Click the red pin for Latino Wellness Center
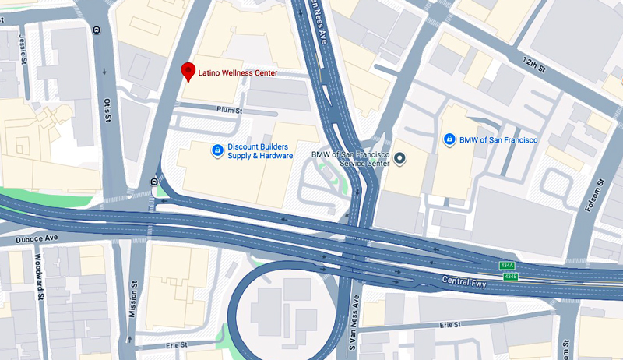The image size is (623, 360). click(x=188, y=72)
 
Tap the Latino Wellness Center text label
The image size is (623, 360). click(x=238, y=72)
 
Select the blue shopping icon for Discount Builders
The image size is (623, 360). click(x=217, y=150)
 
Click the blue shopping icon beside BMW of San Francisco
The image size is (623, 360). click(x=449, y=139)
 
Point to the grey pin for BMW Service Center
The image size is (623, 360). click(x=399, y=159)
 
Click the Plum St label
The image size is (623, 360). click(x=230, y=111)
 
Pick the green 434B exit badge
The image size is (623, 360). click(x=509, y=276)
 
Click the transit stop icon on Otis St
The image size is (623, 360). click(x=96, y=30)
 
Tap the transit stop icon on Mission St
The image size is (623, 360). click(x=153, y=183)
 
